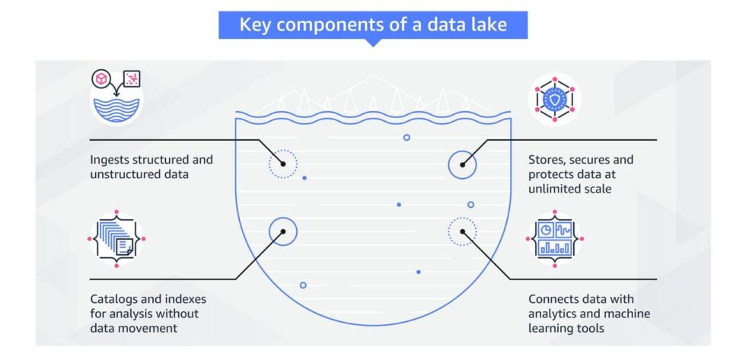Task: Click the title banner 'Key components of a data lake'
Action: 372,25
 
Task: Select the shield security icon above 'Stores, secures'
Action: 554,99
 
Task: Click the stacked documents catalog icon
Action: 116,238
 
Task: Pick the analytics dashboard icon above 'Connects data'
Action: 555,238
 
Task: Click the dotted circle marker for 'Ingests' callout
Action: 282,164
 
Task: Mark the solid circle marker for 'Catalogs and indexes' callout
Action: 282,231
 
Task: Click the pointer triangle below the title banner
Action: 372,43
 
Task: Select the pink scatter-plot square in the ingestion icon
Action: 132,78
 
